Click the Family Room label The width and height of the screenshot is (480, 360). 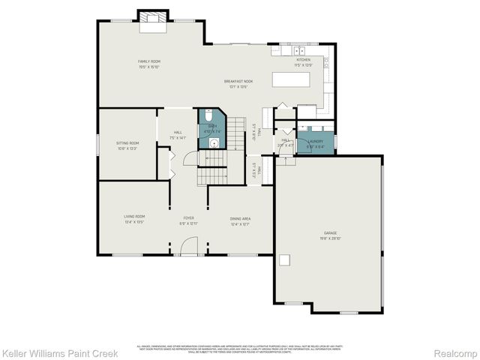tap(148, 61)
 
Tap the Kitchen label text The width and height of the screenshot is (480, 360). tap(303, 59)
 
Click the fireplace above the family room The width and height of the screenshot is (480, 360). tap(154, 18)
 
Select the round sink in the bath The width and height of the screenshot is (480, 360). tap(214, 142)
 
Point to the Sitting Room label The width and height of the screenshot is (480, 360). tap(127, 142)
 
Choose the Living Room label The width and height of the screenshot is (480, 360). tap(134, 217)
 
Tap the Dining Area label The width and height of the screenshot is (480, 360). tap(240, 218)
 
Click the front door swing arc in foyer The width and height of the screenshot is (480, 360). tap(189, 246)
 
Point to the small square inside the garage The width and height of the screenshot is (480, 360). tap(285, 259)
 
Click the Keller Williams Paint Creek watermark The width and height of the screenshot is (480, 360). tap(59, 352)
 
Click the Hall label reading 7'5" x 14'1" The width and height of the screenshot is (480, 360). tap(178, 137)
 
